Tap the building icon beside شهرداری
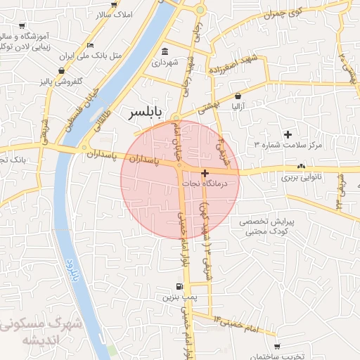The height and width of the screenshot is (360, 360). pos(165,51)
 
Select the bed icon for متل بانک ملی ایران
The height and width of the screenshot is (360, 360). pos(90,45)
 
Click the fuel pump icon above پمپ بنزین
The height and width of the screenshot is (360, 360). pos(180,287)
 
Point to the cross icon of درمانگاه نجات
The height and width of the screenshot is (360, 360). pos(205,173)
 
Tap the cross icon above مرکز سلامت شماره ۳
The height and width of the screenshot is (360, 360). pos(287,134)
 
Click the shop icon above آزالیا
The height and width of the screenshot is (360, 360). pos(238,96)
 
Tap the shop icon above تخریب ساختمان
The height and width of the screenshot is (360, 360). pos(276,347)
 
